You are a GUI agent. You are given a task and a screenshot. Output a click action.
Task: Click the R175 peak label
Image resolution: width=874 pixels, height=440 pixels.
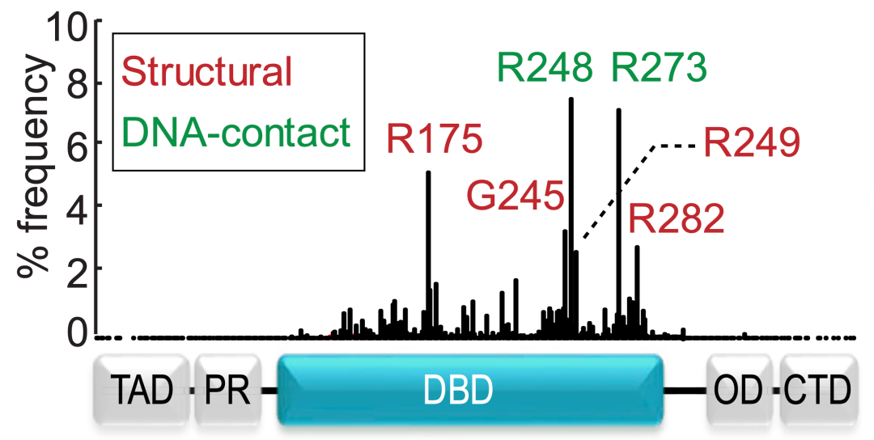(435, 139)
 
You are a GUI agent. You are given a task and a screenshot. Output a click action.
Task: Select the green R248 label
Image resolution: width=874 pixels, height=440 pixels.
(545, 69)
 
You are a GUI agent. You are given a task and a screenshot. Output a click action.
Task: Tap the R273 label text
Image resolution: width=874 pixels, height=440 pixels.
(660, 69)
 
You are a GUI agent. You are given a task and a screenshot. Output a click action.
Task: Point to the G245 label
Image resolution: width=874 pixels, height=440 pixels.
(515, 196)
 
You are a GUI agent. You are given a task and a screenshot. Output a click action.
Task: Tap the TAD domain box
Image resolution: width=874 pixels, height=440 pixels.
(142, 391)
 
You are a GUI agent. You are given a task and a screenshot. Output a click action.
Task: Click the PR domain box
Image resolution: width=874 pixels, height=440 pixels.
(228, 391)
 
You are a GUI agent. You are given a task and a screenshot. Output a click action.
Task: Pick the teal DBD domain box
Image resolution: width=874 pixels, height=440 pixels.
(470, 390)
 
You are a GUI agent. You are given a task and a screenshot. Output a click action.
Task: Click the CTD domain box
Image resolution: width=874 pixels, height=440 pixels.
(816, 391)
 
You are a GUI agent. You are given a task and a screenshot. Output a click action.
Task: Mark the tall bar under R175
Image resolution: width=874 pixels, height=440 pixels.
(428, 243)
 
